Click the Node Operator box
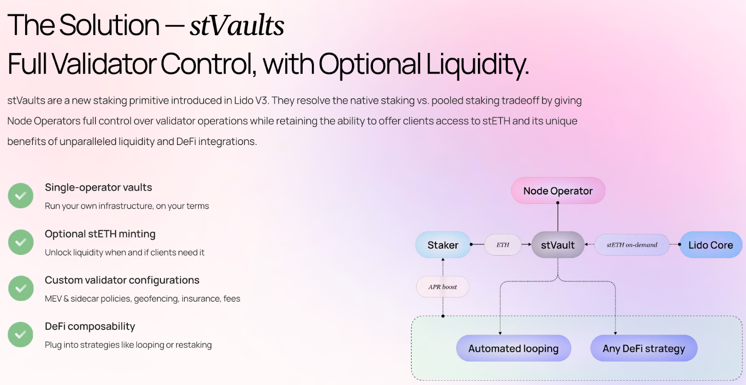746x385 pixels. pos(558,191)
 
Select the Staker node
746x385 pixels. pos(443,245)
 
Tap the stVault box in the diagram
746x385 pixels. pos(558,245)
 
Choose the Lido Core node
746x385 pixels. pos(711,245)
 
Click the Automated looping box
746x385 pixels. pos(513,348)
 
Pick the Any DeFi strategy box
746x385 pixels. pos(643,348)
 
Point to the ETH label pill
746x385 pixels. pos(503,245)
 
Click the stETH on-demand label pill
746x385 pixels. pos(632,245)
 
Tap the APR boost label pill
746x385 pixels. pos(442,287)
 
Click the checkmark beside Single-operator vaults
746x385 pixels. pos(21,196)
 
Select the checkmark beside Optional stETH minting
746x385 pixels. pos(21,242)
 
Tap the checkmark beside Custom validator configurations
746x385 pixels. pos(21,288)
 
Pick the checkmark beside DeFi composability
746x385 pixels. pos(21,334)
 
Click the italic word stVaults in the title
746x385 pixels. pos(237,25)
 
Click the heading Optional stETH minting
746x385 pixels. pos(100,234)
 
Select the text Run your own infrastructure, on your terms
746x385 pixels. pos(127,206)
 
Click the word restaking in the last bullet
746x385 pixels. pos(193,345)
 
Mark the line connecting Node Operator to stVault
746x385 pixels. pos(558,217)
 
